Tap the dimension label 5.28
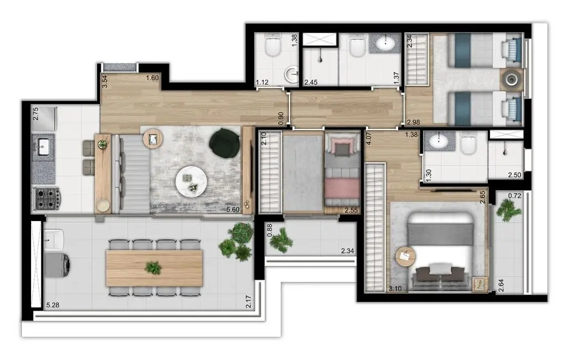tap(53, 305)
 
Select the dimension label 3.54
tap(104, 82)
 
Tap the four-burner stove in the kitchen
tap(47, 198)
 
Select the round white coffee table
tap(190, 181)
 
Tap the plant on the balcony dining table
tap(153, 268)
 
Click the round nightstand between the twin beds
tap(511, 79)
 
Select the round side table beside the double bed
tap(405, 256)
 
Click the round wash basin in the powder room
tap(291, 74)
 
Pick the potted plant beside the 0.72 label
tap(508, 210)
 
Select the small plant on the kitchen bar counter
tap(102, 145)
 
